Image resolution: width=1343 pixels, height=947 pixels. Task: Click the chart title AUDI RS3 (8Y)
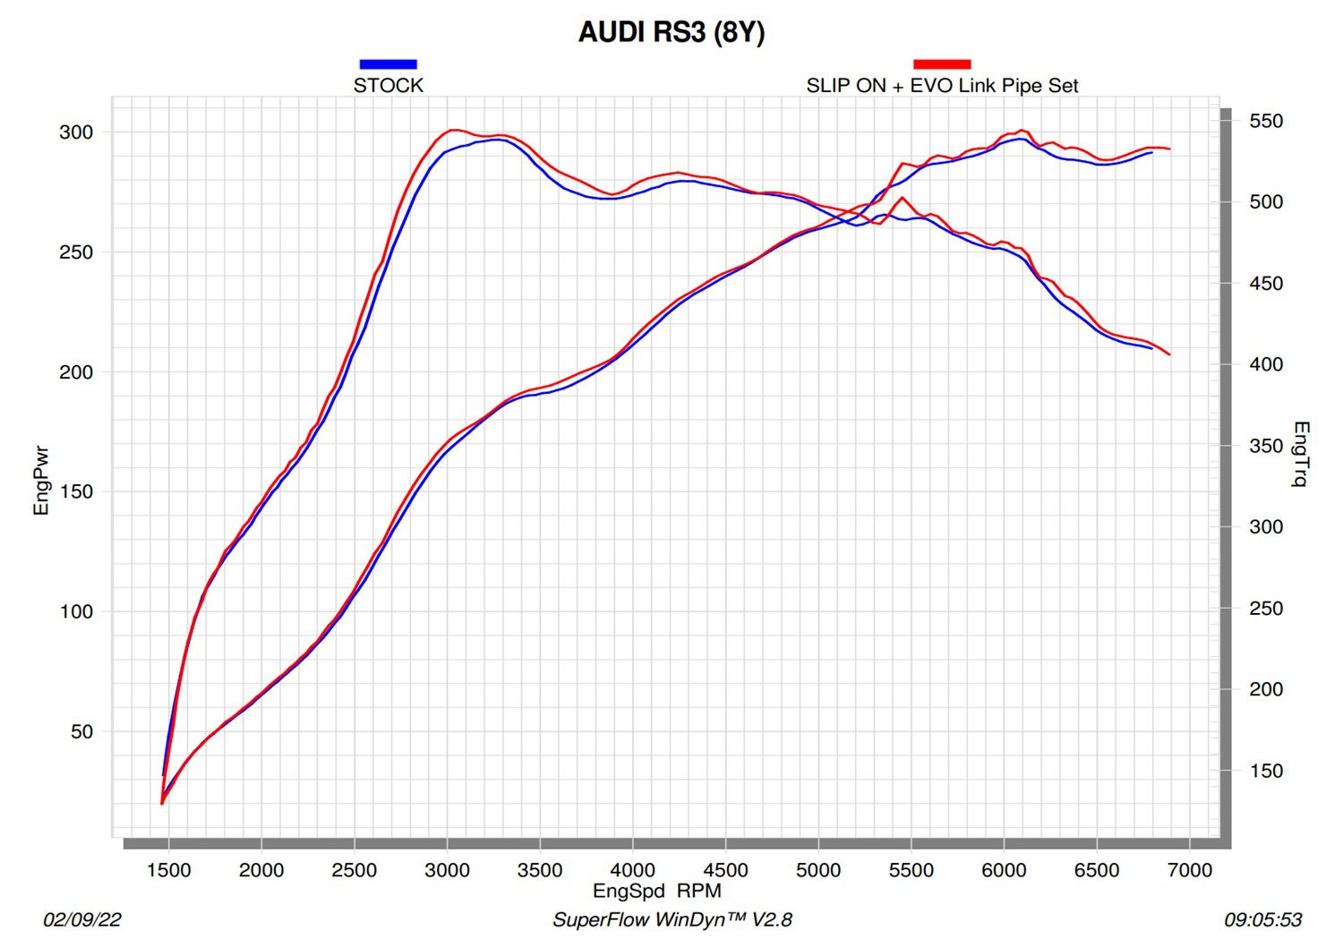(x=671, y=32)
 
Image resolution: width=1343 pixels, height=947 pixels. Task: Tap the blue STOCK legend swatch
(x=388, y=64)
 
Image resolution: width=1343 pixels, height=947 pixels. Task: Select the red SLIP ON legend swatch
(x=942, y=64)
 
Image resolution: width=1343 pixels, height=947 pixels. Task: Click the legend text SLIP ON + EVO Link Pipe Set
(x=942, y=86)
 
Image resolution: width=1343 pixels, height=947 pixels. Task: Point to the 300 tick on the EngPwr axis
(x=76, y=132)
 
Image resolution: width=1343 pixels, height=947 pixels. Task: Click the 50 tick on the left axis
(x=81, y=732)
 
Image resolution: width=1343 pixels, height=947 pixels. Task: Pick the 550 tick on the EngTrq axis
(x=1266, y=121)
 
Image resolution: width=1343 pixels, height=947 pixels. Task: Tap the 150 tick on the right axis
(x=1266, y=771)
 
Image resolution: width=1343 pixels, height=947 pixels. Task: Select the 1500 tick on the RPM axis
(x=168, y=870)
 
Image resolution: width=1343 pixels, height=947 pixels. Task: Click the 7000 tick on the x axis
(x=1190, y=870)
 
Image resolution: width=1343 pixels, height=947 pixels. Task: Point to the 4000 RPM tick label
(x=633, y=870)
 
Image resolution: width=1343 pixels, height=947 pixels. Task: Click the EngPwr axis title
(x=41, y=481)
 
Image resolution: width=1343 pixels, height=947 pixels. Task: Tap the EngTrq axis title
(x=1301, y=454)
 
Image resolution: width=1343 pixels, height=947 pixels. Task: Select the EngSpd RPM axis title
(x=657, y=891)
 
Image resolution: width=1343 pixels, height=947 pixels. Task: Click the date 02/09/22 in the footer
(x=82, y=920)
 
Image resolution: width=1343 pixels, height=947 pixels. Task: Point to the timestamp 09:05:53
(x=1262, y=920)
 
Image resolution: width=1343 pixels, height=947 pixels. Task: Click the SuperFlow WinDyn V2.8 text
(x=671, y=920)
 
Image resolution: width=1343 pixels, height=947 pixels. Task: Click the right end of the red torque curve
(x=1169, y=354)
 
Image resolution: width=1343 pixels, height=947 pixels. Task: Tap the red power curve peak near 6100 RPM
(x=1022, y=130)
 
